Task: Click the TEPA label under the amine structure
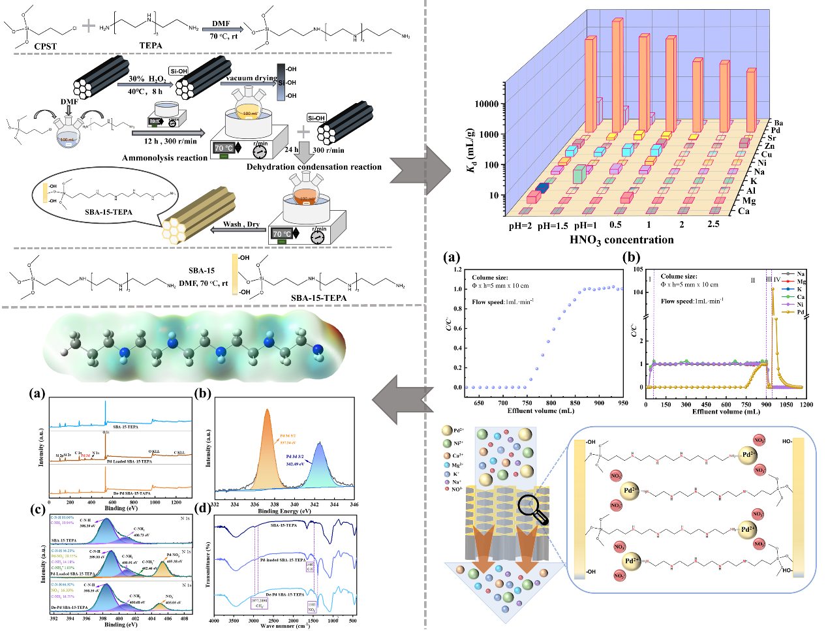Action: click(151, 46)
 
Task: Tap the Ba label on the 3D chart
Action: click(778, 123)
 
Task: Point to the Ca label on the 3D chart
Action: click(744, 211)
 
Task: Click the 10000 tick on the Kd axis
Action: click(487, 104)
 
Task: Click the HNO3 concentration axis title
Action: click(621, 240)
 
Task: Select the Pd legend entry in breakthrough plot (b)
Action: click(801, 313)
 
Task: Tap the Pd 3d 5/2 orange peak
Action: click(267, 444)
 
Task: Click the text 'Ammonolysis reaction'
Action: click(164, 158)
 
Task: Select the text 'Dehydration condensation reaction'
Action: click(314, 167)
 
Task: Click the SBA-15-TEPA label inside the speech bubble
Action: click(109, 212)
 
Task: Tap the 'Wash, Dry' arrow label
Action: click(241, 224)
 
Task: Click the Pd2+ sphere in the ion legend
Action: click(447, 431)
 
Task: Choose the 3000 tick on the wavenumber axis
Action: click(254, 621)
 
